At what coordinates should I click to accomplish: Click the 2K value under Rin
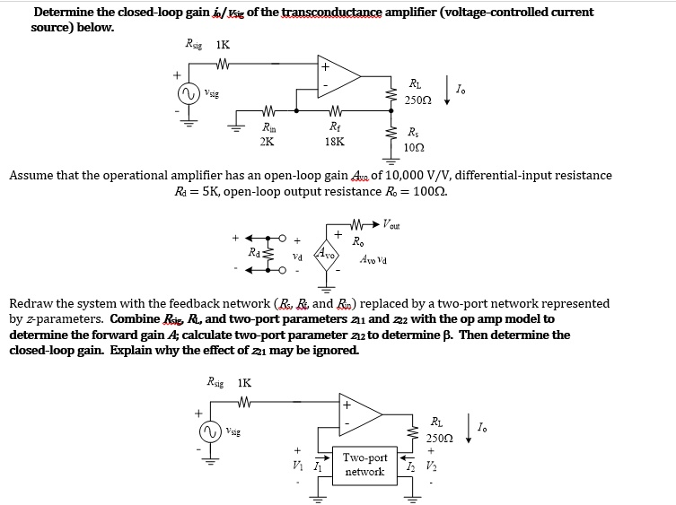click(x=268, y=141)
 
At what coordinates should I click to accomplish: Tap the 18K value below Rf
click(x=334, y=141)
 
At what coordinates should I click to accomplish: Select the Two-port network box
click(x=364, y=464)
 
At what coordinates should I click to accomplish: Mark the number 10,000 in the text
click(x=362, y=176)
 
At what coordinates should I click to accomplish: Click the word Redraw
click(x=32, y=303)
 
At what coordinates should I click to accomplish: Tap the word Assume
click(x=32, y=176)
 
